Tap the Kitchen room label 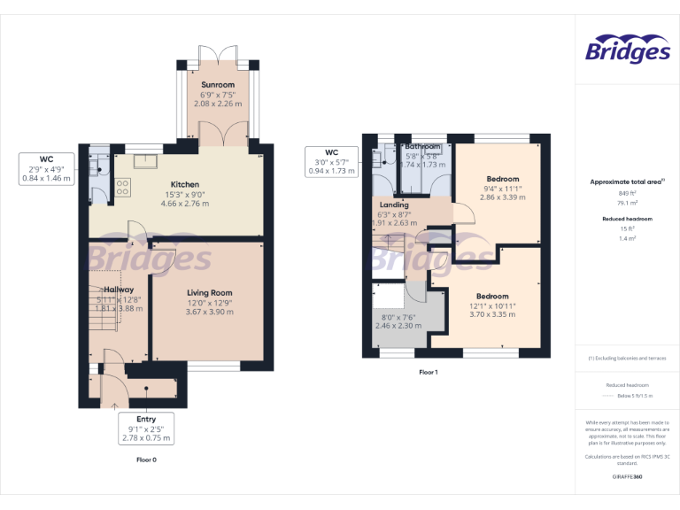coord(184,185)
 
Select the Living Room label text coord(209,293)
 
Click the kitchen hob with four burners coord(122,187)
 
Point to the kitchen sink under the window coord(141,161)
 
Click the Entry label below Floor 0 coord(146,419)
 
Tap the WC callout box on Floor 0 coord(46,169)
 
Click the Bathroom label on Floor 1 coord(422,147)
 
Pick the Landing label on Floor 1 coord(393,205)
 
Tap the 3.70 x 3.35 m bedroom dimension coord(492,314)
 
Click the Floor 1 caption coord(429,373)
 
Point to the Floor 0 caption coord(146,460)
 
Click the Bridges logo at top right coord(628,50)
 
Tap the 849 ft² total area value coord(627,193)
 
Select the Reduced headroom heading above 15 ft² coord(627,218)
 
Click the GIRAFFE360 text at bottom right coord(627,477)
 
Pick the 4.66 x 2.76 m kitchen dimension coord(184,204)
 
